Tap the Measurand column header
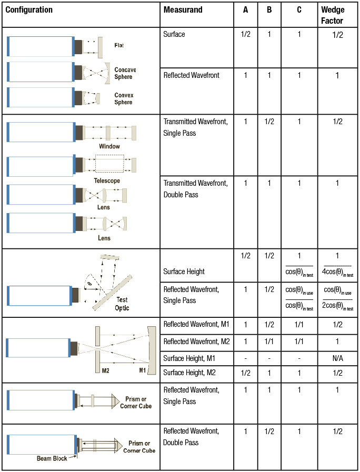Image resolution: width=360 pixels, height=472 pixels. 183,10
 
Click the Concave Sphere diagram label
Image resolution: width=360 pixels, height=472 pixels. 125,73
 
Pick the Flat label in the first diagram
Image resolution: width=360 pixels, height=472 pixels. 119,45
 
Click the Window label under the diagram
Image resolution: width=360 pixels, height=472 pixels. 109,146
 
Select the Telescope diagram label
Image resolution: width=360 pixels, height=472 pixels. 107,180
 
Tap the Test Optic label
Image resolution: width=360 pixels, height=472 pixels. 122,304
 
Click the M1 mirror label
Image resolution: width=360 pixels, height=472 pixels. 143,370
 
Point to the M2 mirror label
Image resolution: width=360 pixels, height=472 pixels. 105,370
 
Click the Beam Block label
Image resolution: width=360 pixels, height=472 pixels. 52,458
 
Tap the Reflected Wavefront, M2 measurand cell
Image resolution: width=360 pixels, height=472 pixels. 196,342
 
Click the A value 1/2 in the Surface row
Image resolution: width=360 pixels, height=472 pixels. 245,34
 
